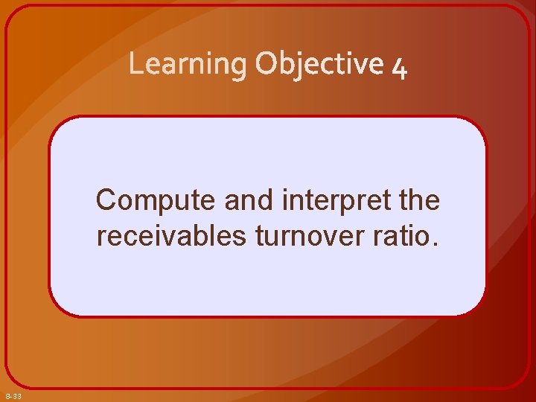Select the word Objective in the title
319,66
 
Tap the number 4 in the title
399,67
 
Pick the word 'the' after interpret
419,200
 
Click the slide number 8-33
13,395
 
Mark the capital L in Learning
135,65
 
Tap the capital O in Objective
267,65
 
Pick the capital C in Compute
106,200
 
